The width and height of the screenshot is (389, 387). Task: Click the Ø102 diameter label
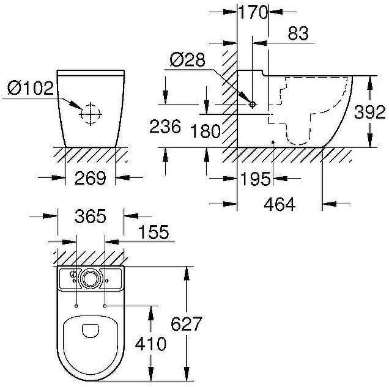click(31, 89)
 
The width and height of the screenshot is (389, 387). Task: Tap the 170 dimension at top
click(253, 12)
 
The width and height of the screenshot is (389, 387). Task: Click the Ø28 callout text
click(186, 60)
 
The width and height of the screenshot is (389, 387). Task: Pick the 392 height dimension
click(371, 112)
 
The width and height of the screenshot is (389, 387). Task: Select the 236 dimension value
click(165, 127)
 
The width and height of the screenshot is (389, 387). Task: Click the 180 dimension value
click(204, 130)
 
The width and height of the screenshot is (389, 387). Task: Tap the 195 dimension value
click(255, 179)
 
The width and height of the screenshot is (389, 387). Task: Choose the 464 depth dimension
click(280, 204)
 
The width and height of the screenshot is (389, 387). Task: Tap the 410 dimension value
click(149, 344)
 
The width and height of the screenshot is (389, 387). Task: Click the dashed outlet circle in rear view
click(90, 114)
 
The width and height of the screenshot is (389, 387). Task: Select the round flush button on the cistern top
click(90, 278)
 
